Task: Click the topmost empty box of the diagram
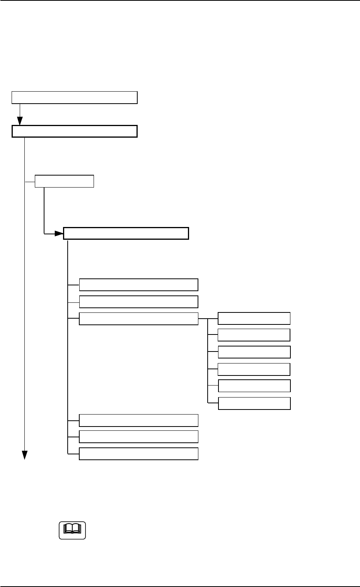pos(75,97)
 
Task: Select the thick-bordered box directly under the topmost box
pos(75,131)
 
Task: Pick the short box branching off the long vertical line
pos(64,181)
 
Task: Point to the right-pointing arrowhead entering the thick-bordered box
pos(58,234)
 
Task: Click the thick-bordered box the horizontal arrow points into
pos(126,234)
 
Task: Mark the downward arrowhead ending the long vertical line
pos(25,455)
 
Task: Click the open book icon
pos(72,530)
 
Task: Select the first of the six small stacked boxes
pos(254,318)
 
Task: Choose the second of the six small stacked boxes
pos(254,335)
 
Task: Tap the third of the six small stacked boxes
pos(254,352)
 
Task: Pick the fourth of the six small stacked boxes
pos(254,369)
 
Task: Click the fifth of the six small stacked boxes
pos(254,386)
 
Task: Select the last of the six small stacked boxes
pos(254,403)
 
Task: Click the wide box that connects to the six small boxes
pos(138,319)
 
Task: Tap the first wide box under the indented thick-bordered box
pos(138,285)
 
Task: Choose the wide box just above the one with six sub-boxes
pos(138,302)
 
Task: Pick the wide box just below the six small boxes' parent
pos(138,420)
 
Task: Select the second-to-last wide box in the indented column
pos(138,437)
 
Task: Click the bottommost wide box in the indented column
pos(138,454)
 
